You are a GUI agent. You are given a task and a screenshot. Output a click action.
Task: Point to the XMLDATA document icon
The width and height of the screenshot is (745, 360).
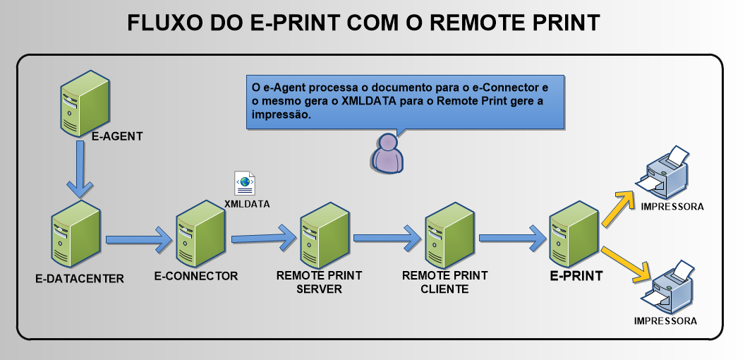pos(245,183)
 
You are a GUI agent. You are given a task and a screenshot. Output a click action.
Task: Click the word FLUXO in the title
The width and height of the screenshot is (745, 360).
pos(162,23)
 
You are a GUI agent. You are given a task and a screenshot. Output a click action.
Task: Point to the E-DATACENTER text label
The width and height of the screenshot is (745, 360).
pos(79,278)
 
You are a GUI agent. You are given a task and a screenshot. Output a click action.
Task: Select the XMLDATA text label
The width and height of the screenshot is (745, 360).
pos(247,203)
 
